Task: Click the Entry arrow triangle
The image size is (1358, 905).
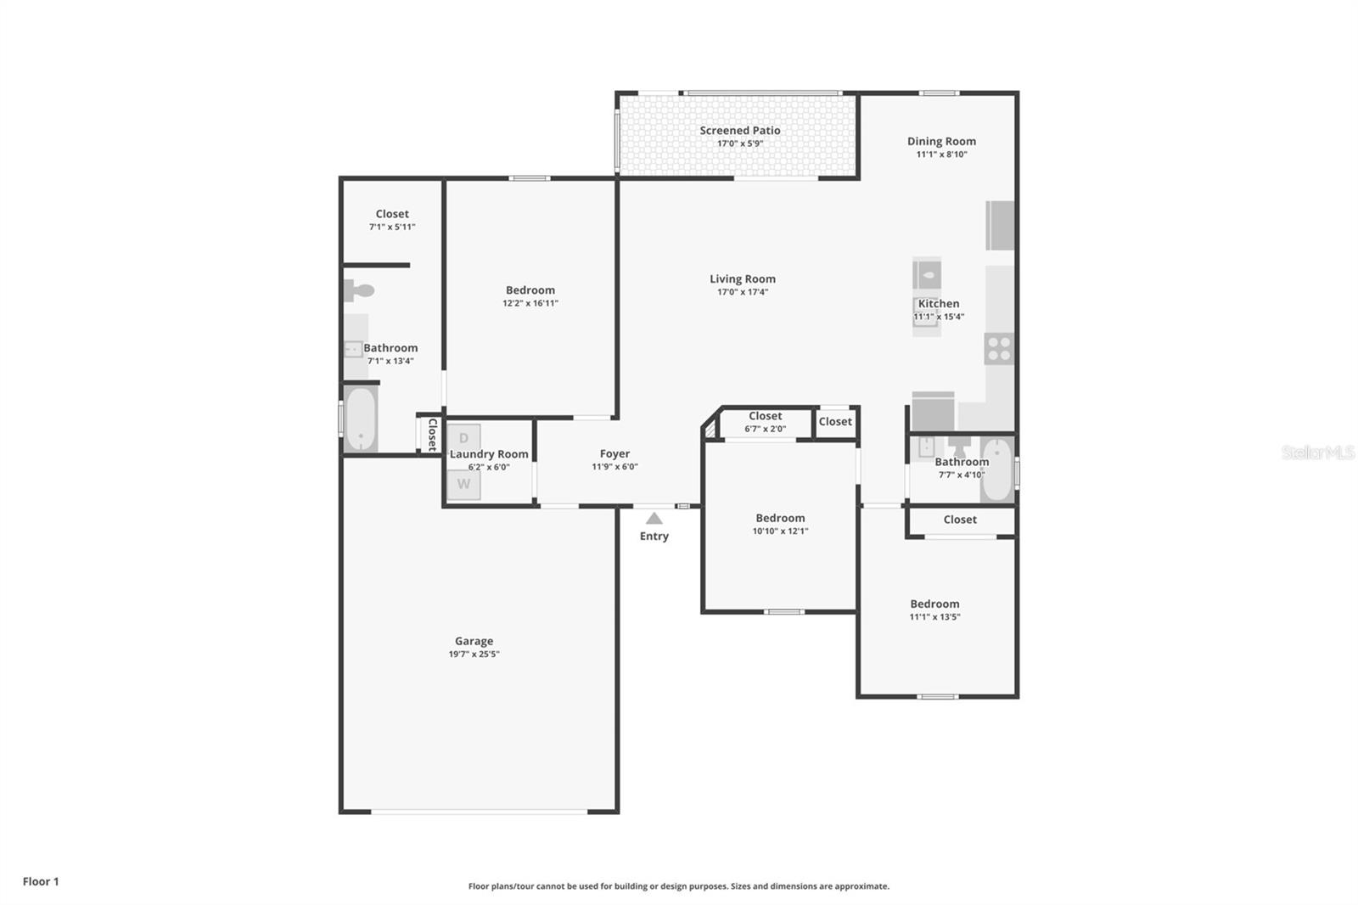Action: pyautogui.click(x=654, y=518)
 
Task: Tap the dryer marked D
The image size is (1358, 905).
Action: pyautogui.click(x=463, y=438)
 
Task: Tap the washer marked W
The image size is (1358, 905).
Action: pyautogui.click(x=463, y=485)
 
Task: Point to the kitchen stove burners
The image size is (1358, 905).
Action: pyautogui.click(x=999, y=349)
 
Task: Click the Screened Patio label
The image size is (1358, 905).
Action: pyautogui.click(x=740, y=130)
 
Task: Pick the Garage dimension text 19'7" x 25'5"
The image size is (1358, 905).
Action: pyautogui.click(x=474, y=655)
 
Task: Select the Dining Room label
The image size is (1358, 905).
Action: pyautogui.click(x=941, y=141)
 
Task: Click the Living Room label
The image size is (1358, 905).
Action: pyautogui.click(x=743, y=278)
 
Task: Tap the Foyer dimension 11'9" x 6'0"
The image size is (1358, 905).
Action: pyautogui.click(x=614, y=467)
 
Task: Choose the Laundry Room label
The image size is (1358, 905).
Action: pyautogui.click(x=489, y=454)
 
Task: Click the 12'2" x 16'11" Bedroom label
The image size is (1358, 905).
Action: pyautogui.click(x=530, y=290)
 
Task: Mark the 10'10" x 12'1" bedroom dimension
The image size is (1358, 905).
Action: pyautogui.click(x=780, y=531)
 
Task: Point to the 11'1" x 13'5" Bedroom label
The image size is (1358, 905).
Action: pyautogui.click(x=934, y=604)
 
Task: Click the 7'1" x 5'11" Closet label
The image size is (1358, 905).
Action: pyautogui.click(x=392, y=214)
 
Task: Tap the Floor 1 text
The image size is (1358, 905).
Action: pyautogui.click(x=41, y=881)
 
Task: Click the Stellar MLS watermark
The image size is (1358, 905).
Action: pyautogui.click(x=1318, y=452)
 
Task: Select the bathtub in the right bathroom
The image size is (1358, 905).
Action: pyautogui.click(x=997, y=469)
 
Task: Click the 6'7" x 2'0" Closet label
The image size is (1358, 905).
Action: pyautogui.click(x=765, y=416)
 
